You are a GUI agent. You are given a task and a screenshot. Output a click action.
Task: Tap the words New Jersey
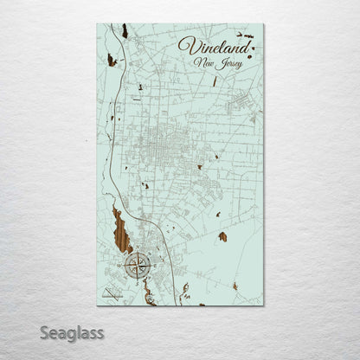pos(218,63)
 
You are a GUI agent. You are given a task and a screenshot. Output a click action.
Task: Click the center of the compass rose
pos(137,266)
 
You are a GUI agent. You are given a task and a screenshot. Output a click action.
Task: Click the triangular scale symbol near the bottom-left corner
pos(110,294)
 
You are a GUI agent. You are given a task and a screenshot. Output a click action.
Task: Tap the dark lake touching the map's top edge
pos(125,31)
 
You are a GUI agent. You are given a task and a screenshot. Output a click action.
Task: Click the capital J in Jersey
pos(218,63)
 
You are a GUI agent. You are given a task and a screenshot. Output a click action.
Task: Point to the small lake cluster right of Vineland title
pos(251,37)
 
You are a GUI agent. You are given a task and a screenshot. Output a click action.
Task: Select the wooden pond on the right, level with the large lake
pos(222,235)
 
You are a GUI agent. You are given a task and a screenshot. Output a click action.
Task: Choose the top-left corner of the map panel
pos(97,24)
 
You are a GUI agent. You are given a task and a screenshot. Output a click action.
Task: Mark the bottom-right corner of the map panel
pos(263,305)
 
